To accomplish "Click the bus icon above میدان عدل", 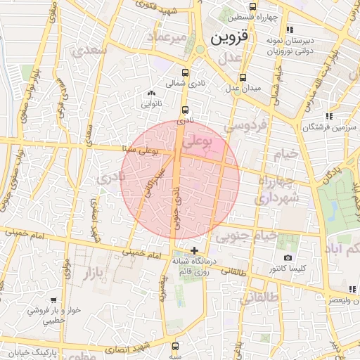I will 243,77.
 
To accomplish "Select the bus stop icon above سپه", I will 175,346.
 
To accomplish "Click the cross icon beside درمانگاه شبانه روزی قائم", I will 194,250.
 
